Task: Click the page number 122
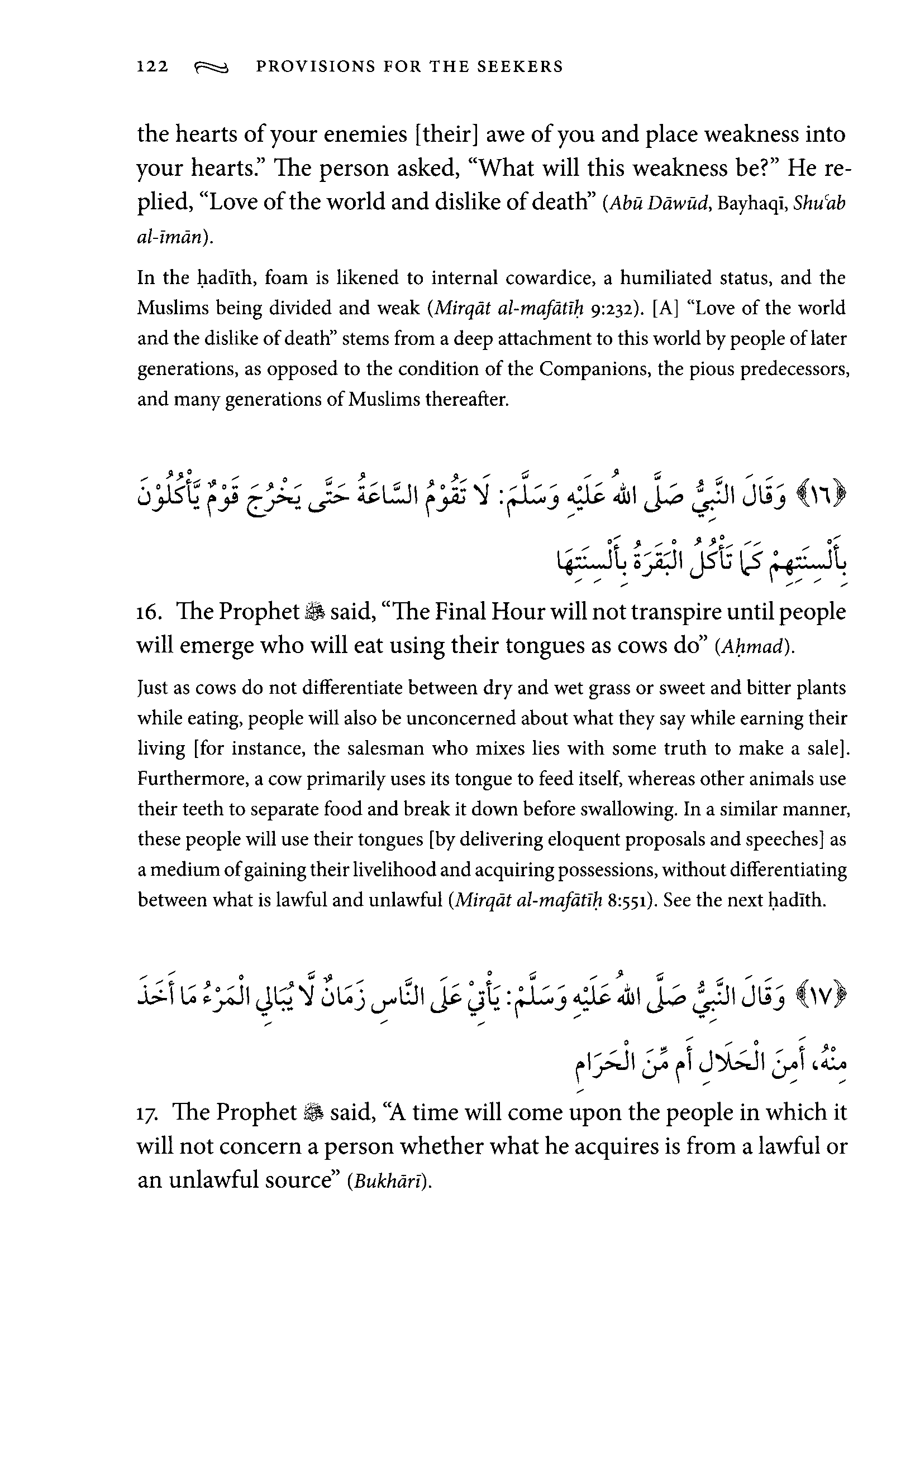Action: (152, 66)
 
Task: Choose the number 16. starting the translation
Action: (149, 612)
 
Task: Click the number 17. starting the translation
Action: (149, 1112)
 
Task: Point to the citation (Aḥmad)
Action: (755, 646)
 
